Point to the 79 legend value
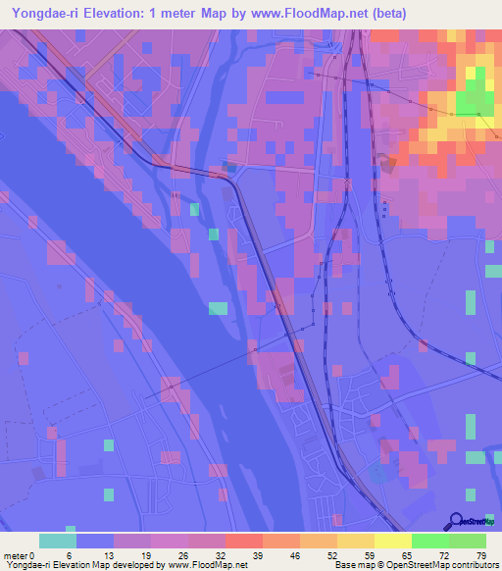click(x=480, y=554)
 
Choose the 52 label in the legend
click(x=333, y=554)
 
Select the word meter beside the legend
click(x=16, y=554)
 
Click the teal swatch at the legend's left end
click(x=58, y=541)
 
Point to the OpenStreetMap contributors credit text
click(x=441, y=565)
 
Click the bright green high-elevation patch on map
click(x=477, y=97)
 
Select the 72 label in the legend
click(x=443, y=554)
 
